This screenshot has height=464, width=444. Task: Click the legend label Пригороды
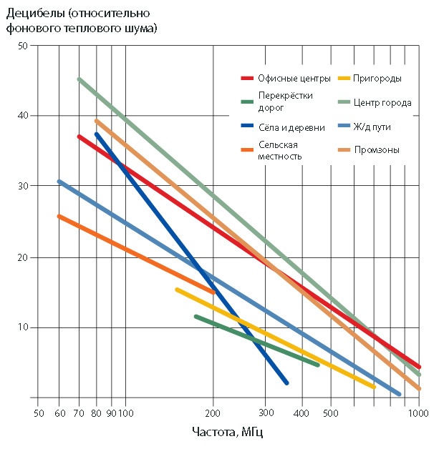[x=377, y=78]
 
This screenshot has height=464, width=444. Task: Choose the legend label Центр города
[x=382, y=103]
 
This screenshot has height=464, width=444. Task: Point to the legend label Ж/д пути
[x=372, y=127]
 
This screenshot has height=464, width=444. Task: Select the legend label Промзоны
[x=377, y=150]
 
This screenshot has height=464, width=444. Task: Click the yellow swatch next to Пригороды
[x=343, y=78]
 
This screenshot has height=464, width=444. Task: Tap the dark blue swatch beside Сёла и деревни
[x=248, y=127]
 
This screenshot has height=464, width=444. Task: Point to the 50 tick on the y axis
[x=22, y=46]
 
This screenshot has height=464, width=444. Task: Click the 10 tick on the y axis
[x=22, y=327]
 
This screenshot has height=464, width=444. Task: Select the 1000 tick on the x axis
[x=419, y=413]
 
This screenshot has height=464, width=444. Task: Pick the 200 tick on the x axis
[x=213, y=413]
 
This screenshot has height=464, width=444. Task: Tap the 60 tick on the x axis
[x=59, y=413]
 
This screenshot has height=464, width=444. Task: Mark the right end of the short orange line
[x=213, y=292]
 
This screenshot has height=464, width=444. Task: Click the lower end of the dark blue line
[x=286, y=383]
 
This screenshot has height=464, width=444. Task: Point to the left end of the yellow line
[x=177, y=289]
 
